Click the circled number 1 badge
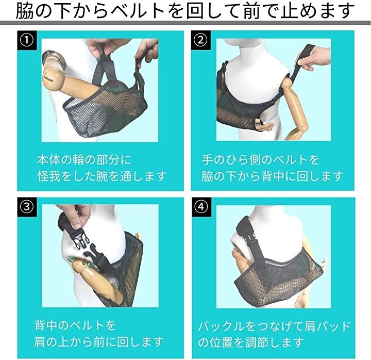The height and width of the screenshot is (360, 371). (27, 40)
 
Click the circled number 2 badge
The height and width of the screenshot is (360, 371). (200, 40)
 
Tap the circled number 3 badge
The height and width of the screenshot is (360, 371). (27, 207)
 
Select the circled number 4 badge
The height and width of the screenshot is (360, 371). (201, 207)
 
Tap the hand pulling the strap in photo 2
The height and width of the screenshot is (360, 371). (314, 58)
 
